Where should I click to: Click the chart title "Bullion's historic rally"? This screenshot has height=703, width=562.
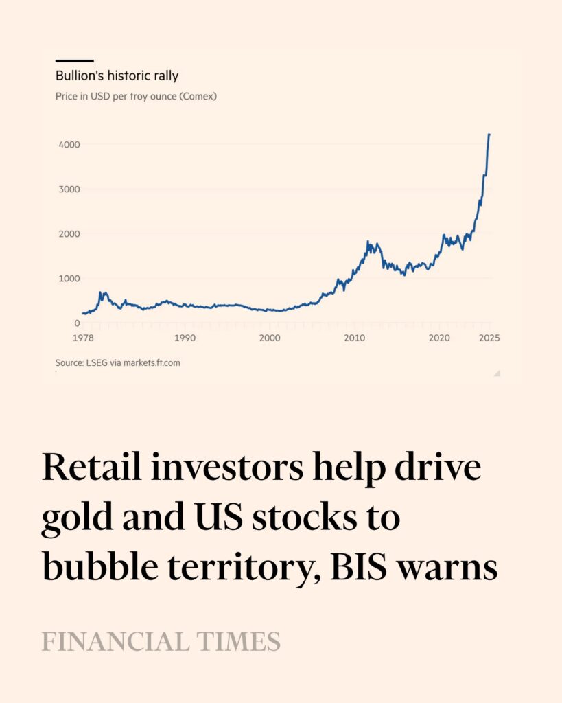click(x=117, y=76)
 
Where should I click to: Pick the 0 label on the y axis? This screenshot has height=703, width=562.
click(x=77, y=323)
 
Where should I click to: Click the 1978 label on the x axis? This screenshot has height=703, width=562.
click(x=83, y=338)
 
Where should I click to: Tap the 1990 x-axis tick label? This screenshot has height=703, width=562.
click(x=185, y=338)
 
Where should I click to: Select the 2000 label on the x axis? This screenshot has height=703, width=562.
click(x=270, y=338)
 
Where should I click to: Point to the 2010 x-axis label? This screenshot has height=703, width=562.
click(x=354, y=338)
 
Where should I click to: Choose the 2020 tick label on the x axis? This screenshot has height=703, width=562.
click(x=439, y=338)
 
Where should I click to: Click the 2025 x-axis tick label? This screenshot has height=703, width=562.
click(x=489, y=338)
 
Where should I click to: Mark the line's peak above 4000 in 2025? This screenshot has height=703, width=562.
click(x=489, y=135)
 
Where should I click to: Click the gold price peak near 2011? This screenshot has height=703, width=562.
click(x=368, y=242)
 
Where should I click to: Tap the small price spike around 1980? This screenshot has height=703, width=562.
click(x=102, y=293)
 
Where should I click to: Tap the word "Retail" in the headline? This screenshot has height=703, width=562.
click(x=89, y=469)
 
